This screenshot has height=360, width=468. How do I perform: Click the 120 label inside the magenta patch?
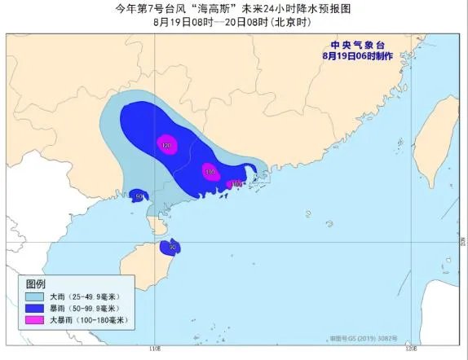click(166, 146)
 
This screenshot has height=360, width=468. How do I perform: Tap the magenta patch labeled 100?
click(210, 173)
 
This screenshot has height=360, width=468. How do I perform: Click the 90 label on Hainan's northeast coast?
click(173, 246)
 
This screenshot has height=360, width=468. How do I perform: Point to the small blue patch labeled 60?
click(139, 195)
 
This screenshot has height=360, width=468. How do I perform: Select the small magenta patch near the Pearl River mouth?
click(236, 184)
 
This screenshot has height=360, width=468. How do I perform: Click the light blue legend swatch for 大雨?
click(38, 297)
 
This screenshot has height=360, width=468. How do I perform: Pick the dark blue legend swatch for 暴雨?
click(38, 310)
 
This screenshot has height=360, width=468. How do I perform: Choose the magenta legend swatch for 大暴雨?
click(38, 321)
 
